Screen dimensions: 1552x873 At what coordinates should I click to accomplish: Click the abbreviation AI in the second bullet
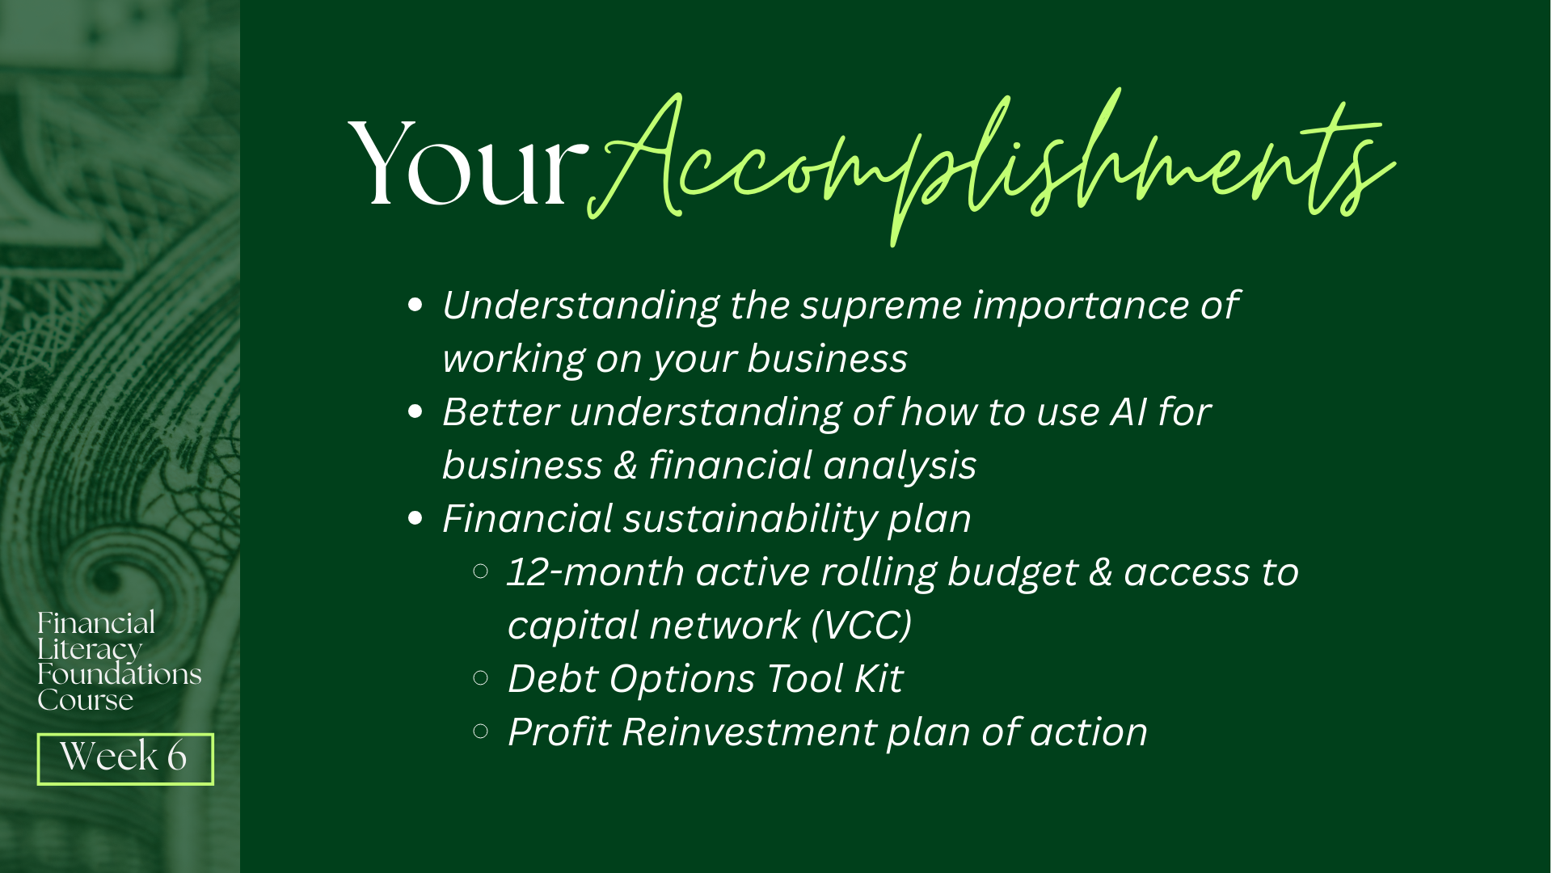pos(1128,411)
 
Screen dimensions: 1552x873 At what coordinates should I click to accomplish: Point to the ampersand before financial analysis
pos(626,466)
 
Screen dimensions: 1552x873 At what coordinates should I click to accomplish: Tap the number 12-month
pos(596,572)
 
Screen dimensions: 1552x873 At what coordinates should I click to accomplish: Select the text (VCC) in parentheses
pos(862,626)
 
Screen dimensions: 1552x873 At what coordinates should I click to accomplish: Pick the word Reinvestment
pos(749,732)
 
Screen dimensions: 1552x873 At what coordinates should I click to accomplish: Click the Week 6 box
pos(125,758)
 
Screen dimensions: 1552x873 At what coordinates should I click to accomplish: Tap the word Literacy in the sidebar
pos(90,649)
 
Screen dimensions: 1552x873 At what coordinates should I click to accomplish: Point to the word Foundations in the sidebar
pos(120,674)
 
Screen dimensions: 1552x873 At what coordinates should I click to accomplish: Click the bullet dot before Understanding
pos(415,305)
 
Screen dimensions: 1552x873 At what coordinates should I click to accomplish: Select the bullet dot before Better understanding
pos(415,411)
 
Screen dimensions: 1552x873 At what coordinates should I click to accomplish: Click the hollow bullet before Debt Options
pos(480,678)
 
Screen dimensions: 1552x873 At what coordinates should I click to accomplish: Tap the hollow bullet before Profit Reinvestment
pos(480,732)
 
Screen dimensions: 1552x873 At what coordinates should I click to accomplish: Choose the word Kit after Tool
pos(879,679)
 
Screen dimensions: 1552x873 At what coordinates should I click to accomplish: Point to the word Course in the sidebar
pos(85,700)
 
